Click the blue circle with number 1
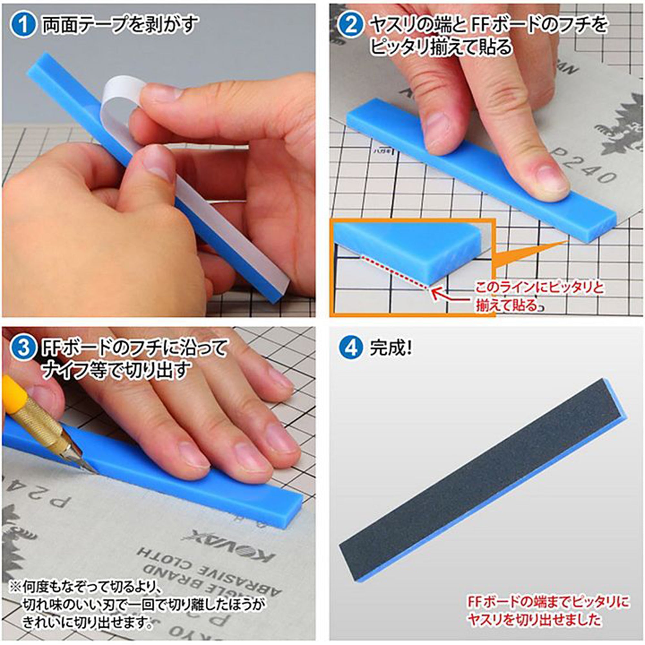coord(22,25)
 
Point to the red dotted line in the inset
coord(394,271)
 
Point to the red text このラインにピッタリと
coord(540,288)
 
